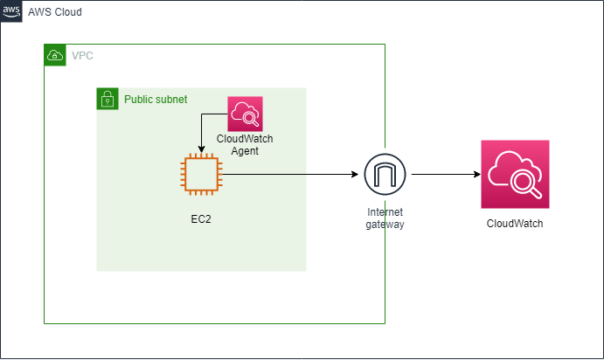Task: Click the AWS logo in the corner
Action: (11, 11)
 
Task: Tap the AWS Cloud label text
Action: (55, 12)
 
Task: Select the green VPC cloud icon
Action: (55, 55)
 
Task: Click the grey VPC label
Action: (82, 55)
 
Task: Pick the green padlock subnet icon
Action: (108, 99)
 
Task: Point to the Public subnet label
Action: (156, 100)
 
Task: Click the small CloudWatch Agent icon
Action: (245, 114)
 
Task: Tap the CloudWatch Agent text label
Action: (245, 144)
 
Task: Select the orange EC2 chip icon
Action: (201, 174)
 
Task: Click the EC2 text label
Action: (201, 219)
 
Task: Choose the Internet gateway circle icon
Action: (385, 174)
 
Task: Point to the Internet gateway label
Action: (385, 218)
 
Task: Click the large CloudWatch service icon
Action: (515, 174)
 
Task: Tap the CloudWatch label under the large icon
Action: (515, 224)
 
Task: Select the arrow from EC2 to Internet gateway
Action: (290, 175)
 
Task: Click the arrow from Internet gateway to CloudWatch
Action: (446, 175)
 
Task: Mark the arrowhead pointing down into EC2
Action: (201, 149)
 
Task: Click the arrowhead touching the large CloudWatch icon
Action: (477, 175)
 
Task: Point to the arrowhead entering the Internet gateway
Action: (355, 175)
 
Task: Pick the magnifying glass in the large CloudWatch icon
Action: (526, 183)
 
